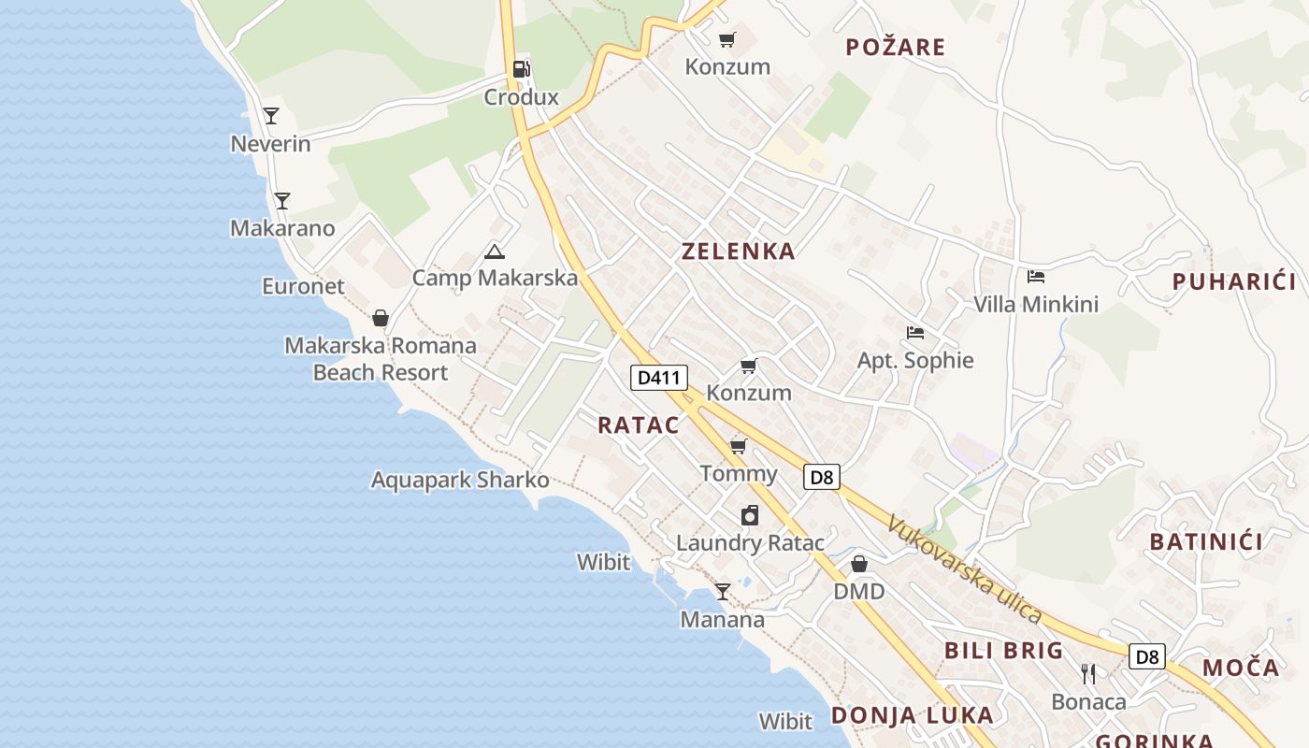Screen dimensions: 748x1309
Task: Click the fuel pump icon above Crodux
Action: click(x=521, y=69)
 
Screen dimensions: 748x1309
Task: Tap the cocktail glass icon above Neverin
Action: click(x=271, y=116)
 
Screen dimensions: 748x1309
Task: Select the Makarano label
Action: click(x=282, y=228)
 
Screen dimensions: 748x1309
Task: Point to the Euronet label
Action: click(x=303, y=286)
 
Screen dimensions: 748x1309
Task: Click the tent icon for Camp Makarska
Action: click(x=495, y=251)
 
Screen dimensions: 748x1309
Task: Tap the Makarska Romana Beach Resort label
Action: click(x=381, y=359)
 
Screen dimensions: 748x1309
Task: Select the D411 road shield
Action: click(x=659, y=378)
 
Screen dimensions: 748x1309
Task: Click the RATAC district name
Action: click(x=639, y=424)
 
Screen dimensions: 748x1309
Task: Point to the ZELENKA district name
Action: click(x=739, y=251)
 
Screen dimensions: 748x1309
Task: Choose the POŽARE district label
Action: click(x=896, y=47)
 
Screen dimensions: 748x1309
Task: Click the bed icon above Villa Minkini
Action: click(x=1036, y=277)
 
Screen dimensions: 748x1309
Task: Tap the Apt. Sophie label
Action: click(x=915, y=361)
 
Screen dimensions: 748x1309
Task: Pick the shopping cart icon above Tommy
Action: click(x=739, y=446)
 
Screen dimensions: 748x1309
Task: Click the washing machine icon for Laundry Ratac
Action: click(x=750, y=515)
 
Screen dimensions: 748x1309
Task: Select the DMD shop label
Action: click(x=859, y=592)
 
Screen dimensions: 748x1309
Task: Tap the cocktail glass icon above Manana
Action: click(x=723, y=592)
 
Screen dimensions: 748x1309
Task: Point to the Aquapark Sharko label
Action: click(x=460, y=481)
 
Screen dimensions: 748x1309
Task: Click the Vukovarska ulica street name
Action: click(x=964, y=568)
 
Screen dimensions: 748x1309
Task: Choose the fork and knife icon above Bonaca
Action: click(x=1088, y=673)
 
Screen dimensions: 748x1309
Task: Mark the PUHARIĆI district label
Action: click(x=1234, y=281)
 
